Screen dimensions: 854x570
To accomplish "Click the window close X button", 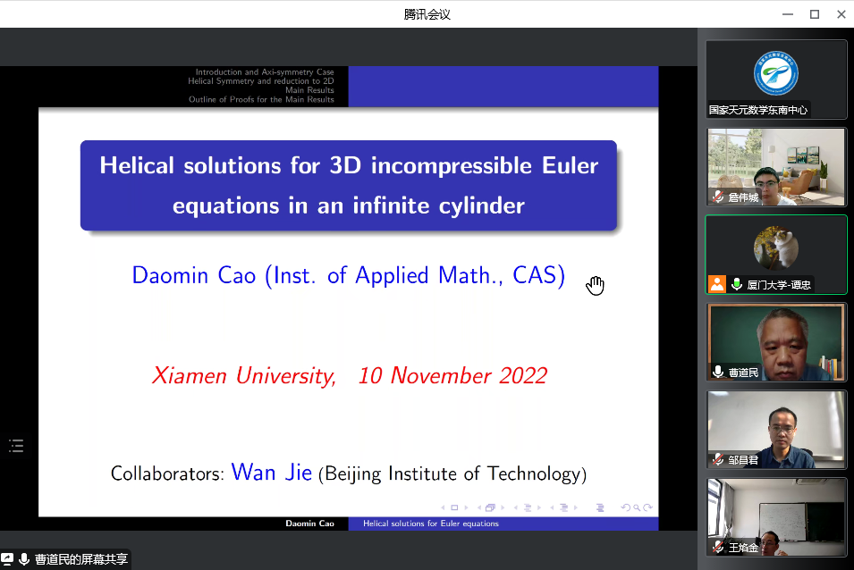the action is pos(841,14).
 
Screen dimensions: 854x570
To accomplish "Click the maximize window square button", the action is pos(815,14).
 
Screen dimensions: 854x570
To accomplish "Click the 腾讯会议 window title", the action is pos(427,14).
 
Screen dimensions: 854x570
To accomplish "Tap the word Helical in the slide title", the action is pos(137,165).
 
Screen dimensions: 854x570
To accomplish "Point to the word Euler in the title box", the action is pos(570,165).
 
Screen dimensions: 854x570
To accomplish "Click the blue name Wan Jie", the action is pos(272,472).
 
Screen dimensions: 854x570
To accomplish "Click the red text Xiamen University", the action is pos(244,376).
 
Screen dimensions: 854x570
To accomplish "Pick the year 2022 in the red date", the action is pos(523,376).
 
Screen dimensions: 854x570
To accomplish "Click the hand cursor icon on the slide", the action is pos(596,286).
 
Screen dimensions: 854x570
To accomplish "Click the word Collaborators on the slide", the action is pos(167,474).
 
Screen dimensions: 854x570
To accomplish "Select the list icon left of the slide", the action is pos(16,446).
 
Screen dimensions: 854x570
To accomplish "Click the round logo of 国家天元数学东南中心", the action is pos(776,73).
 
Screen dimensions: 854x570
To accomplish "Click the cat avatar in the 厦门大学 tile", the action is pos(776,248).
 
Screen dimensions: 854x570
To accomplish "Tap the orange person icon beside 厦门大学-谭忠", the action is pos(717,284).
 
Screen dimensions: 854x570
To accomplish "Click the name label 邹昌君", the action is pos(743,460).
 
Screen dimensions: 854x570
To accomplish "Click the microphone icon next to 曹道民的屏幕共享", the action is pos(24,559).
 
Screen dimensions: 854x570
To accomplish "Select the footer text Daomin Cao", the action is pos(310,524).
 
